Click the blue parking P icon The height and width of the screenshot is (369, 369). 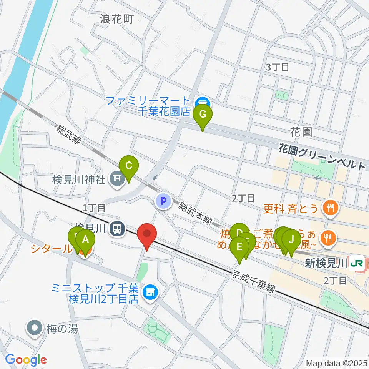pos(163,201)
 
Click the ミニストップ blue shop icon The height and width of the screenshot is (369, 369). pos(150,293)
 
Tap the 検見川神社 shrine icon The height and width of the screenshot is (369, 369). pos(116,179)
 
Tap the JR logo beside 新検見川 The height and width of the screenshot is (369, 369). pos(358,263)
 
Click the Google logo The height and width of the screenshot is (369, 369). pos(26,360)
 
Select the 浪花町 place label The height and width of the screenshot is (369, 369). pos(117,18)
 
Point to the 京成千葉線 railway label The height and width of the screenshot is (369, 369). pos(254,282)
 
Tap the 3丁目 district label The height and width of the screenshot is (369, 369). pos(278,67)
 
